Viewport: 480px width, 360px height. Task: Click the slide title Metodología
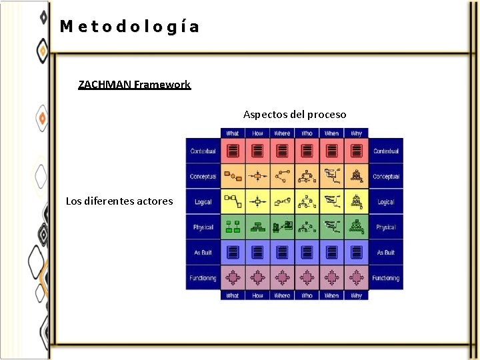click(129, 27)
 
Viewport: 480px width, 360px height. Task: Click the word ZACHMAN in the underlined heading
click(105, 85)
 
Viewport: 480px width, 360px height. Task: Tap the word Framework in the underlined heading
click(162, 85)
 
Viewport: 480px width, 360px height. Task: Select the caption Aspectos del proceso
click(295, 115)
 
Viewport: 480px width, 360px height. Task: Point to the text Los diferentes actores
click(119, 201)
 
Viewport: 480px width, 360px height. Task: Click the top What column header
click(233, 133)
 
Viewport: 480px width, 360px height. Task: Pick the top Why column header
click(357, 133)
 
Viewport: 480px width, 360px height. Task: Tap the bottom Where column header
click(282, 295)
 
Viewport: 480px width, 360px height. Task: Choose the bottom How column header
click(257, 295)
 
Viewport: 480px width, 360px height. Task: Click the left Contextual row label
click(203, 151)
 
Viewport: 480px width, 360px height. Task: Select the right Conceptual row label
click(386, 177)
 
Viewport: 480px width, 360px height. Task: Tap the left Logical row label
click(203, 202)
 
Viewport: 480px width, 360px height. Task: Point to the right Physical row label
click(386, 227)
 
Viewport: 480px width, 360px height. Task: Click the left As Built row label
click(203, 253)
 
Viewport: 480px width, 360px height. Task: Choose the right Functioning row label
click(386, 278)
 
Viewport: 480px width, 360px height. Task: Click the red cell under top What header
click(233, 151)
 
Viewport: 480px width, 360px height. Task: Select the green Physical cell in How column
click(257, 227)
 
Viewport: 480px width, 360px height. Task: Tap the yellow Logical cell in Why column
click(357, 202)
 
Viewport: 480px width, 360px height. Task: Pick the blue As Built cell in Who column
click(307, 253)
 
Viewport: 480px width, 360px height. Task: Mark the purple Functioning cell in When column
click(331, 277)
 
